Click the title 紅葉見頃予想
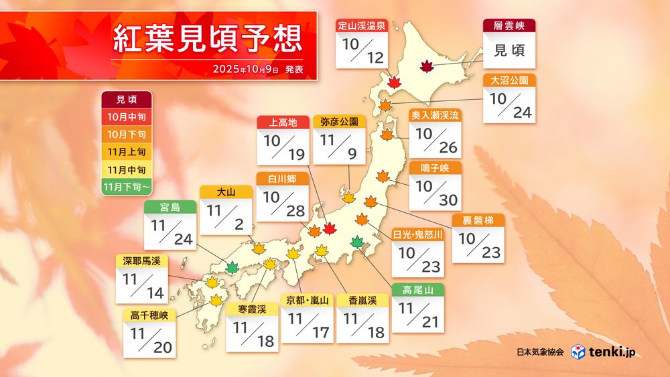click(x=208, y=37)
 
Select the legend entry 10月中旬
click(x=126, y=117)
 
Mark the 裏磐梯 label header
click(x=478, y=221)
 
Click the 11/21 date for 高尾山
click(x=418, y=315)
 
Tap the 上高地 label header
click(x=283, y=122)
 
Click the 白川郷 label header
click(x=283, y=179)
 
